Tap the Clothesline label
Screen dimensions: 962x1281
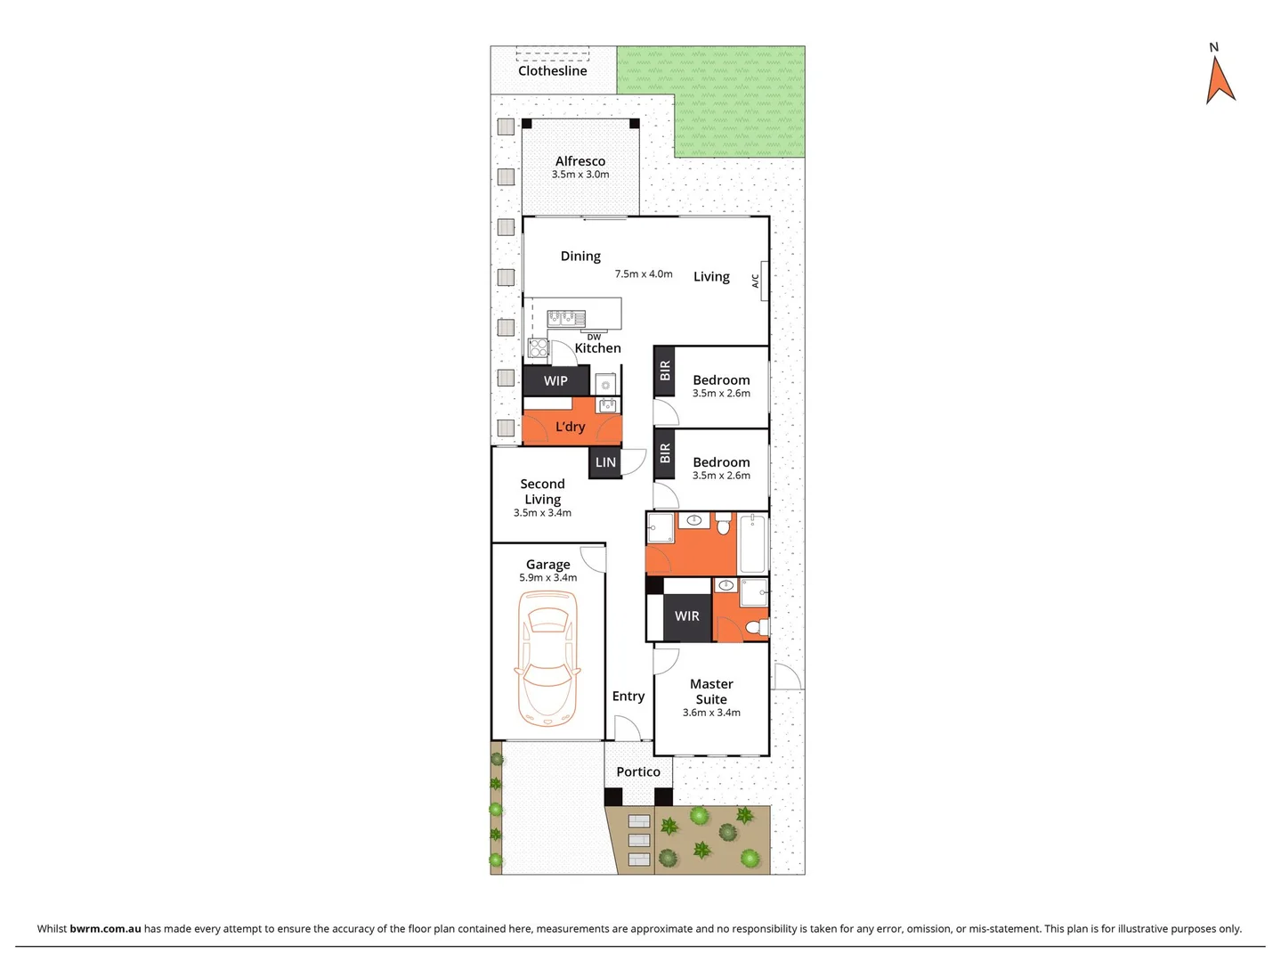(552, 71)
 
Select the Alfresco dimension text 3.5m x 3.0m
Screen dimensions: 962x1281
(580, 175)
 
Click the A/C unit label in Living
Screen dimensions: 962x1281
(756, 281)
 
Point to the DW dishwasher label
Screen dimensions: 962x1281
(594, 337)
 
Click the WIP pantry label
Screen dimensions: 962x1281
(555, 381)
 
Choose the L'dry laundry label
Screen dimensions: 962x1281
(570, 427)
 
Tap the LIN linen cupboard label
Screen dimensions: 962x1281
(605, 462)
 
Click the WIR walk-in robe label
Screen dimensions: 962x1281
(686, 616)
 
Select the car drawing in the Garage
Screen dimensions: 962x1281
(547, 657)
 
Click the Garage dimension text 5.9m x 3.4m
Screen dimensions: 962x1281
(547, 578)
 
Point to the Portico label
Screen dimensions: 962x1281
(638, 772)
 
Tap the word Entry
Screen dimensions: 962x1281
(628, 697)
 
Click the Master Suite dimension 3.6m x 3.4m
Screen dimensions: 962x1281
(711, 713)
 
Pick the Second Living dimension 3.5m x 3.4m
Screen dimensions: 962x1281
(542, 513)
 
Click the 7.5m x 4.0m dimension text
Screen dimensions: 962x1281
(644, 274)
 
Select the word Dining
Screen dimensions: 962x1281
(580, 257)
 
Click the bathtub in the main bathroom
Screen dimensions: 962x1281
(752, 542)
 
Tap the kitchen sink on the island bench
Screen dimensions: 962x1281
(566, 316)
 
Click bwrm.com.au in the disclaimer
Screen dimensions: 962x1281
(105, 928)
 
